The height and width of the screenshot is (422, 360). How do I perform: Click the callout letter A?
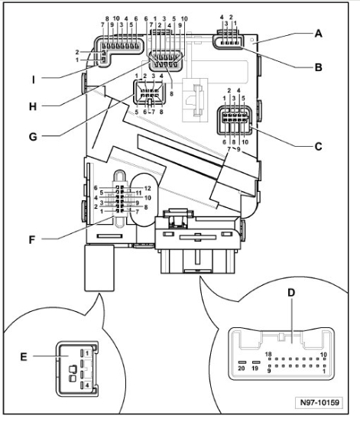[318, 34]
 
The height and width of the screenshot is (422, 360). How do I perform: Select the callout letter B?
[318, 67]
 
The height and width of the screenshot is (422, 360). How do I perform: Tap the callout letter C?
[318, 147]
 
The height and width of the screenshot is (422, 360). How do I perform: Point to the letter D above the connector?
[291, 293]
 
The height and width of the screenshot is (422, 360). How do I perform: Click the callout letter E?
[24, 357]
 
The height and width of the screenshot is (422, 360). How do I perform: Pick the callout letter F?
[32, 240]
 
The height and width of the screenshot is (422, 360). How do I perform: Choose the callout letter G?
[33, 137]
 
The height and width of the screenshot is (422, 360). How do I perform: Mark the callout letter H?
[33, 106]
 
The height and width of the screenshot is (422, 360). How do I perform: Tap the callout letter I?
[34, 80]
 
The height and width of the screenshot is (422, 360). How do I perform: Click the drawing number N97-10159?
[319, 403]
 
